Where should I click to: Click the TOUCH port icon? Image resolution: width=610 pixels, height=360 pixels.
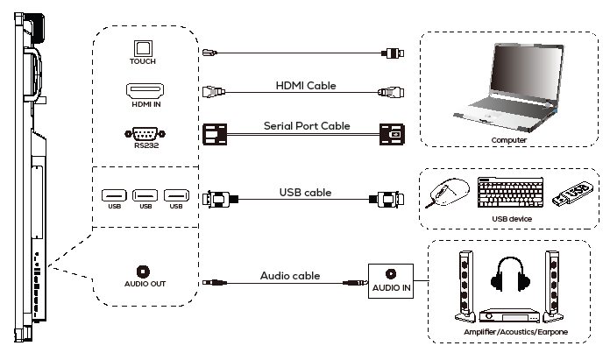click(x=142, y=50)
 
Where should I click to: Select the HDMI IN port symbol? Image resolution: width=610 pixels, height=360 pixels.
click(x=142, y=92)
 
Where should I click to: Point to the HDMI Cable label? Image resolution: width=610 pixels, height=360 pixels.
click(x=307, y=85)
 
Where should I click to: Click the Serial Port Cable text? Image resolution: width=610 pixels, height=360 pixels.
click(x=307, y=126)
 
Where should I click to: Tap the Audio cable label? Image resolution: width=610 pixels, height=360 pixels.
click(x=290, y=276)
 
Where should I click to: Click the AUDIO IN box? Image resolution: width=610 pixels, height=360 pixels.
click(x=390, y=279)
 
